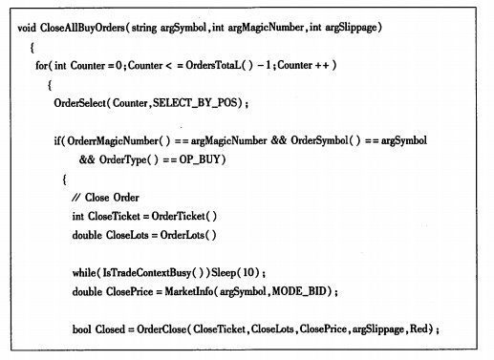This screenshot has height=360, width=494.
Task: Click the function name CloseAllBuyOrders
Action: click(82, 28)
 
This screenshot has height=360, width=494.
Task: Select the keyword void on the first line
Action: click(27, 28)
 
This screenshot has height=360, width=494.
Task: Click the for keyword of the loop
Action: click(41, 66)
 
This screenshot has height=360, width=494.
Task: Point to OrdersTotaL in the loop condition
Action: click(213, 65)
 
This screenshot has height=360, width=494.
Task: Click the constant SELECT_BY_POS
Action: click(195, 103)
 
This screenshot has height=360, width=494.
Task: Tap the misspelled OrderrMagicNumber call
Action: click(113, 140)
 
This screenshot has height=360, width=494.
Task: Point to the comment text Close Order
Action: click(112, 198)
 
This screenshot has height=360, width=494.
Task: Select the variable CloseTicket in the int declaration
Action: click(114, 216)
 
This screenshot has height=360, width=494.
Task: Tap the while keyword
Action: click(84, 273)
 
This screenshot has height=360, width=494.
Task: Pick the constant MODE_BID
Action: click(299, 291)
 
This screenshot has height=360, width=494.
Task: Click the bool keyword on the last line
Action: click(82, 329)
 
